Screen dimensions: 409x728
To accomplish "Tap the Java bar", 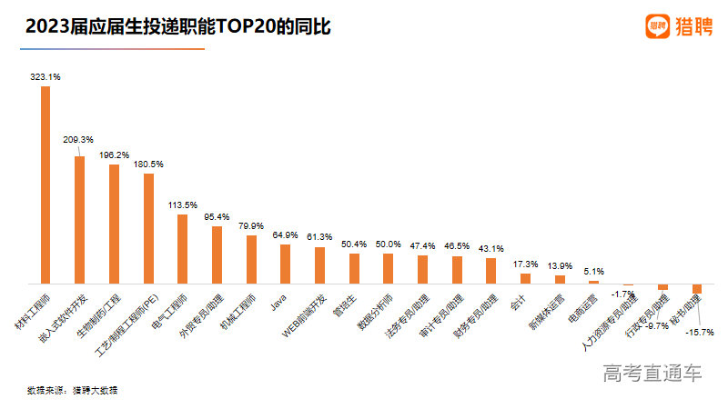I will tap(285, 264).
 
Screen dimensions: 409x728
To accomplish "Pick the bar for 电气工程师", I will tap(182, 249).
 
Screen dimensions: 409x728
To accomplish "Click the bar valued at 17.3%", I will tap(525, 278).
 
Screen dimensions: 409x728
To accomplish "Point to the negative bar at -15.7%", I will tap(697, 289).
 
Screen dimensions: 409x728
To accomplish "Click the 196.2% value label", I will tap(114, 155).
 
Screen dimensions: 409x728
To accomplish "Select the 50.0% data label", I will tap(388, 244).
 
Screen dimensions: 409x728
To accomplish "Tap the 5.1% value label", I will tap(593, 271).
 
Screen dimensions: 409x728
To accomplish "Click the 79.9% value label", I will tap(250, 225).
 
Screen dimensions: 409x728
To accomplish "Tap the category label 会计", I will tap(517, 302).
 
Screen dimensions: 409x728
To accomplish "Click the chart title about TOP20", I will tap(177, 27).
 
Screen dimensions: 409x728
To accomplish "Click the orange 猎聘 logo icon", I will tap(657, 26).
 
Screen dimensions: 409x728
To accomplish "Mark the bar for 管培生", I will tap(354, 268).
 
